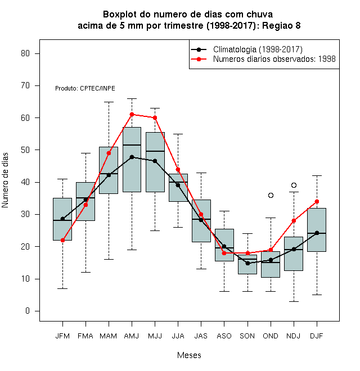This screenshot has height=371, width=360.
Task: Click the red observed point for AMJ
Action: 132,115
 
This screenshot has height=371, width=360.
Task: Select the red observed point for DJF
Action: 317,202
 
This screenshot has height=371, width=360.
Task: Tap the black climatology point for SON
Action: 247,263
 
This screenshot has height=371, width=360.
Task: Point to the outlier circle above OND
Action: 271,195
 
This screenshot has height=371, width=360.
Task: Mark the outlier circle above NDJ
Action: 294,185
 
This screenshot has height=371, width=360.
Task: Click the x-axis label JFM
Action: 62,336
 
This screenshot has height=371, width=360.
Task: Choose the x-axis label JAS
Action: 201,336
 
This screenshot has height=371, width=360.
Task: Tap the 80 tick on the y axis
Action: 25,53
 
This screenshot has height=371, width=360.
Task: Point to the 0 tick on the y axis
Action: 28,311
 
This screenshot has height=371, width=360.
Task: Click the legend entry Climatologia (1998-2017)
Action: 258,49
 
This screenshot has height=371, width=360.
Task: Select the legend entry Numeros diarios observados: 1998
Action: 274,59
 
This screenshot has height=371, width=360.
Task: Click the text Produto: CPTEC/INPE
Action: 85,88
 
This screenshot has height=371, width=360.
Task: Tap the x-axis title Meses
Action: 189,355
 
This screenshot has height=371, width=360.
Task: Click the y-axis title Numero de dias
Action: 5,180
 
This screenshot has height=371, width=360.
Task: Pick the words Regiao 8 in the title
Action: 281,25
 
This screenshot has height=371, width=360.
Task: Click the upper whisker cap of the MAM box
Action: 109,102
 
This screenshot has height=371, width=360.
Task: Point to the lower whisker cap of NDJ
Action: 294,301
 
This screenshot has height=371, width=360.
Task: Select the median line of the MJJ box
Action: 155,151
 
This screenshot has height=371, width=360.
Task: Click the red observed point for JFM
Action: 62,240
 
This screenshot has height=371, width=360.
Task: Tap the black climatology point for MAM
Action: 109,175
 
